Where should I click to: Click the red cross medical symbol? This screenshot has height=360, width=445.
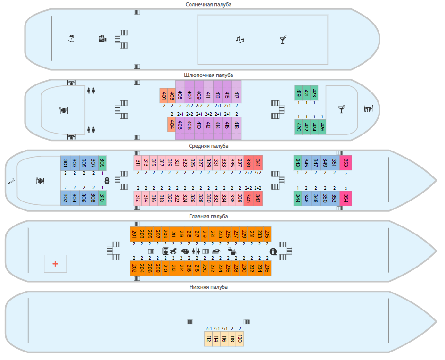tap(56, 264)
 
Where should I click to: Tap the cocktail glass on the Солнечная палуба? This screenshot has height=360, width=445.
tap(282, 40)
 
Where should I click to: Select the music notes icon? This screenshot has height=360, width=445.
tap(240, 40)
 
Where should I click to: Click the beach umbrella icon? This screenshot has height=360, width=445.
tap(71, 38)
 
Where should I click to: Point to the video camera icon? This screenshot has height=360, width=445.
tap(102, 38)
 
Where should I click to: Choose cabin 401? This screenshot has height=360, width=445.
tap(164, 96)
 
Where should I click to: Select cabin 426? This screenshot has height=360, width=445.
tap(322, 126)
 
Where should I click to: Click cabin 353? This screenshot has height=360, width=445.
tap(346, 163)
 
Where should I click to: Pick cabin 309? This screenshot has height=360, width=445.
tap(102, 163)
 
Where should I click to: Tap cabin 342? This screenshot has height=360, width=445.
tap(258, 198)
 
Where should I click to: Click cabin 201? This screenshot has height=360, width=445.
tap(134, 234)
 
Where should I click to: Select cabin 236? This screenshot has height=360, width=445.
tap(267, 268)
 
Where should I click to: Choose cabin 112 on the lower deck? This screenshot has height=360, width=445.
tap(208, 339)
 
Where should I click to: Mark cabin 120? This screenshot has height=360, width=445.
tap(239, 339)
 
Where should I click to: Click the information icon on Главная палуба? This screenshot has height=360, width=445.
tap(273, 251)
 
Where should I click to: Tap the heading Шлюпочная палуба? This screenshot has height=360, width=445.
tap(208, 75)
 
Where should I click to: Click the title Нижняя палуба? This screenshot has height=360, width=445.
tap(208, 287)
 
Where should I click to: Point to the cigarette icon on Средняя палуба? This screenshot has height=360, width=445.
tap(11, 181)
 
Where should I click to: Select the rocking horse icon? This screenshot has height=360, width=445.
tap(175, 251)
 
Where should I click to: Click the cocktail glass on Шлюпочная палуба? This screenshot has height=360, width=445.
tap(341, 109)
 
